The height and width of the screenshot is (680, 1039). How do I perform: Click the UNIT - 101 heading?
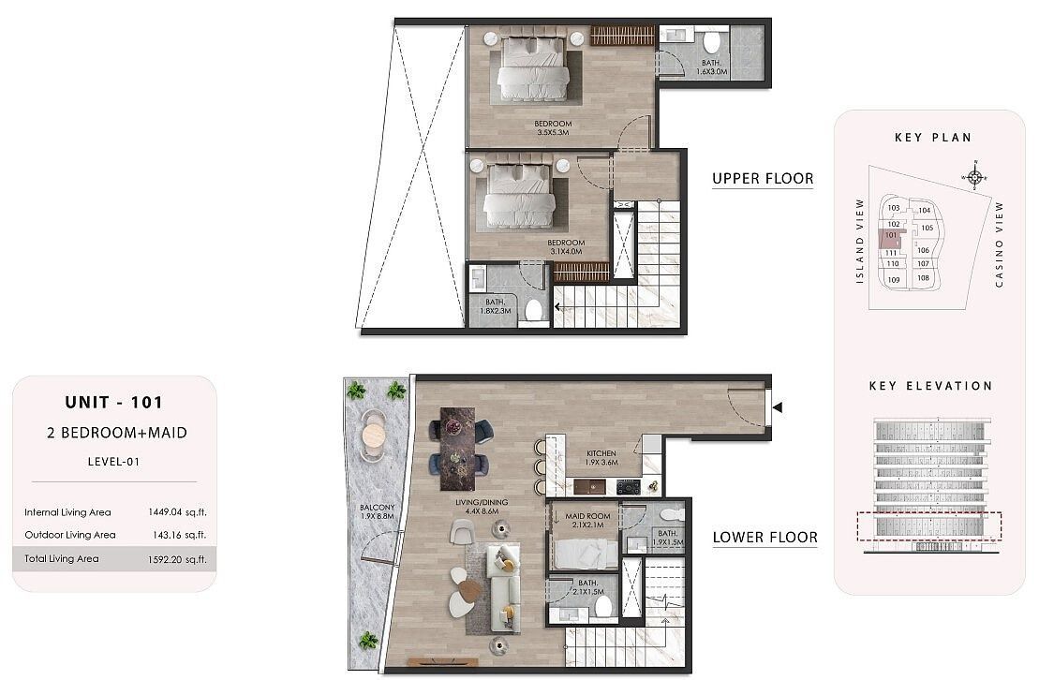(x=113, y=403)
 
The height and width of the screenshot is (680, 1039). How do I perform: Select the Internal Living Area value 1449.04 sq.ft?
(x=176, y=512)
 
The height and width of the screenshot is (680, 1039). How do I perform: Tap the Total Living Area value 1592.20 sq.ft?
(x=176, y=559)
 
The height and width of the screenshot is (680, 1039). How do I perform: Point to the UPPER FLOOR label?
(x=763, y=178)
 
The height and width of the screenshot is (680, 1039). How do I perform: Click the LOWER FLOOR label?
(x=764, y=538)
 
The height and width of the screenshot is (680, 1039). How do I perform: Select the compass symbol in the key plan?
(x=974, y=177)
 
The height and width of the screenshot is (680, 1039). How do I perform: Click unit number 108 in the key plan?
(x=923, y=278)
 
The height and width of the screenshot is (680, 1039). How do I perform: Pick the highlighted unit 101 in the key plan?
(x=891, y=237)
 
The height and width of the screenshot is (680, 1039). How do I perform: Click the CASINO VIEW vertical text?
(x=1000, y=244)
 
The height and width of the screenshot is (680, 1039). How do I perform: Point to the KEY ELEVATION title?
(x=929, y=386)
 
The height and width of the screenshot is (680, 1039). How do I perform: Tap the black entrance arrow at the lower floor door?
(x=777, y=407)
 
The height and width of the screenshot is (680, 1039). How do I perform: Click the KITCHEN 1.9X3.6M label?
(x=601, y=457)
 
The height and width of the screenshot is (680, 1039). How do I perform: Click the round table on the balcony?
(x=373, y=434)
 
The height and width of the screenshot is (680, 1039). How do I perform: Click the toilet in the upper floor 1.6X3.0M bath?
(x=711, y=43)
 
